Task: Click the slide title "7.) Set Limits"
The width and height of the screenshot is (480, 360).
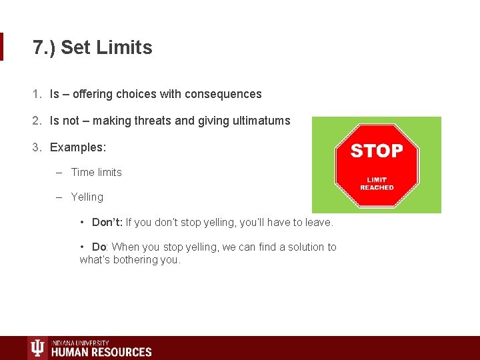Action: pyautogui.click(x=93, y=48)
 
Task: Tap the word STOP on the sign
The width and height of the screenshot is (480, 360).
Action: pyautogui.click(x=377, y=151)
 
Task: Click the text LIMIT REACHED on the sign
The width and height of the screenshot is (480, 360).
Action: pyautogui.click(x=377, y=183)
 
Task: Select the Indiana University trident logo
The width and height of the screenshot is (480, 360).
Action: pyautogui.click(x=37, y=348)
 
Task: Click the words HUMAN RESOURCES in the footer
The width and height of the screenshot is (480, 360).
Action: pyautogui.click(x=101, y=352)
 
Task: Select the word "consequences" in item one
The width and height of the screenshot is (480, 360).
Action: pyautogui.click(x=228, y=95)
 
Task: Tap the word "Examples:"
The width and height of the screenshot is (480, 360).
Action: pyautogui.click(x=78, y=147)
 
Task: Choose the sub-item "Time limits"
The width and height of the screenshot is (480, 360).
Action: pyautogui.click(x=97, y=172)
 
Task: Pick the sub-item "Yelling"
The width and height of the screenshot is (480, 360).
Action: pyautogui.click(x=87, y=197)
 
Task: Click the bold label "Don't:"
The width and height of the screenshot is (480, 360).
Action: pyautogui.click(x=107, y=222)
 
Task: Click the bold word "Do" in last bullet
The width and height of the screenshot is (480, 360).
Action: pyautogui.click(x=99, y=247)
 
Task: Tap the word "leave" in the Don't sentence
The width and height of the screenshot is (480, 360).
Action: pyautogui.click(x=317, y=222)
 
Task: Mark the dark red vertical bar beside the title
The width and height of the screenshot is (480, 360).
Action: pyautogui.click(x=1, y=47)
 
